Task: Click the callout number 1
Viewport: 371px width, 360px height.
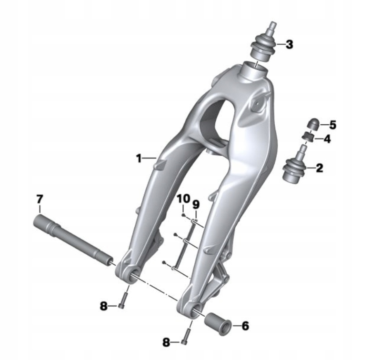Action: [x=140, y=158]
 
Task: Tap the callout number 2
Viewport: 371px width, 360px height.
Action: [x=319, y=168]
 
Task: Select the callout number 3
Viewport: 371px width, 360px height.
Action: [x=289, y=44]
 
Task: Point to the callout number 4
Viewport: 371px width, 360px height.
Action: [x=327, y=139]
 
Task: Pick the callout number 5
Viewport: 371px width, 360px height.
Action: [x=333, y=125]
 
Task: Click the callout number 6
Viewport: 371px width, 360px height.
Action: [x=245, y=326]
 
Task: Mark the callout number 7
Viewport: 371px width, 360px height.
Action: [x=40, y=199]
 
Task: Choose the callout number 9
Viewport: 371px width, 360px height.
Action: [x=196, y=204]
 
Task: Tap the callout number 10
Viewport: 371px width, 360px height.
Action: [x=184, y=199]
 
